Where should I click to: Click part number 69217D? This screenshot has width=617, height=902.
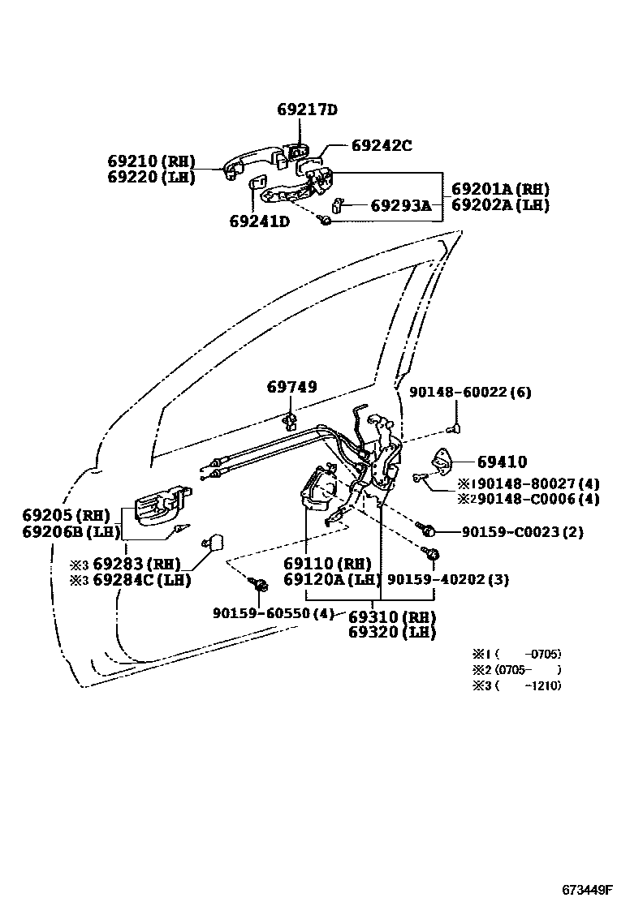306,110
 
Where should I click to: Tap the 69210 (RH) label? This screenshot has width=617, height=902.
151,161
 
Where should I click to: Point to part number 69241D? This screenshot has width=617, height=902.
259,221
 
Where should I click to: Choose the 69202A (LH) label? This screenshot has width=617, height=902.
500,205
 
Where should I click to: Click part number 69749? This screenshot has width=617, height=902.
291,388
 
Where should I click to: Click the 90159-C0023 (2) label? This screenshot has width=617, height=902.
522,532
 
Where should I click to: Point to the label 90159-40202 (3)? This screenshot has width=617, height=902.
448,579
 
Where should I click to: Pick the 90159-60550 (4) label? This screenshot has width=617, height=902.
274,614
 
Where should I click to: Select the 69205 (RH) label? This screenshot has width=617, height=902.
66,515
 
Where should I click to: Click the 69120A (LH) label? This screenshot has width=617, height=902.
332,579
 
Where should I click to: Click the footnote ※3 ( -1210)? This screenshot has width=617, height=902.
516,685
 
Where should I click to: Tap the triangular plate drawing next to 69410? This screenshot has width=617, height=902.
442,462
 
